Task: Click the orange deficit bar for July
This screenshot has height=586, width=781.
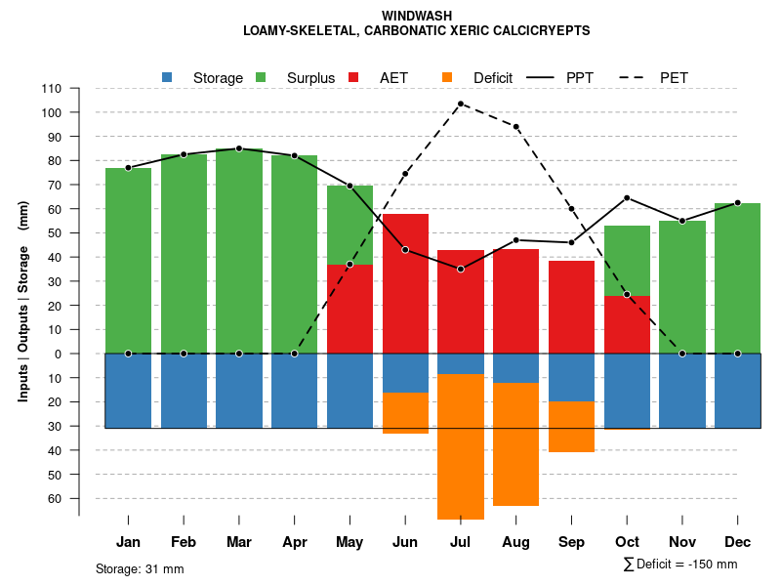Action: click(x=460, y=446)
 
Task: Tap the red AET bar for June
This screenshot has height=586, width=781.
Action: click(x=405, y=283)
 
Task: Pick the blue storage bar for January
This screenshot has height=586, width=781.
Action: click(x=128, y=391)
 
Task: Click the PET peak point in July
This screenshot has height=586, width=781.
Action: click(x=460, y=104)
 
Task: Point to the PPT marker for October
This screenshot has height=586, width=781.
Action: click(x=627, y=198)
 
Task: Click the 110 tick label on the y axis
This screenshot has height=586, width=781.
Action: click(x=52, y=89)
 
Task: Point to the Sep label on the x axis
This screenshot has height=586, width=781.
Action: click(x=571, y=542)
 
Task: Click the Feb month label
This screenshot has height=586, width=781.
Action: click(x=184, y=542)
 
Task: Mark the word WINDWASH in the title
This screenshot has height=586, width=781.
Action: click(x=417, y=17)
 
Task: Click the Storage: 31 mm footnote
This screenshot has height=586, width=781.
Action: click(x=140, y=568)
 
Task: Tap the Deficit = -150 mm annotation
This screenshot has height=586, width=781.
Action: click(x=680, y=565)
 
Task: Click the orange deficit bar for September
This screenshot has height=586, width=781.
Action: click(x=571, y=427)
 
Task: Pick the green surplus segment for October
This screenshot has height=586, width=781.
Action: click(x=627, y=261)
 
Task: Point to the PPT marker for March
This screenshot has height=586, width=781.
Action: click(x=239, y=148)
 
